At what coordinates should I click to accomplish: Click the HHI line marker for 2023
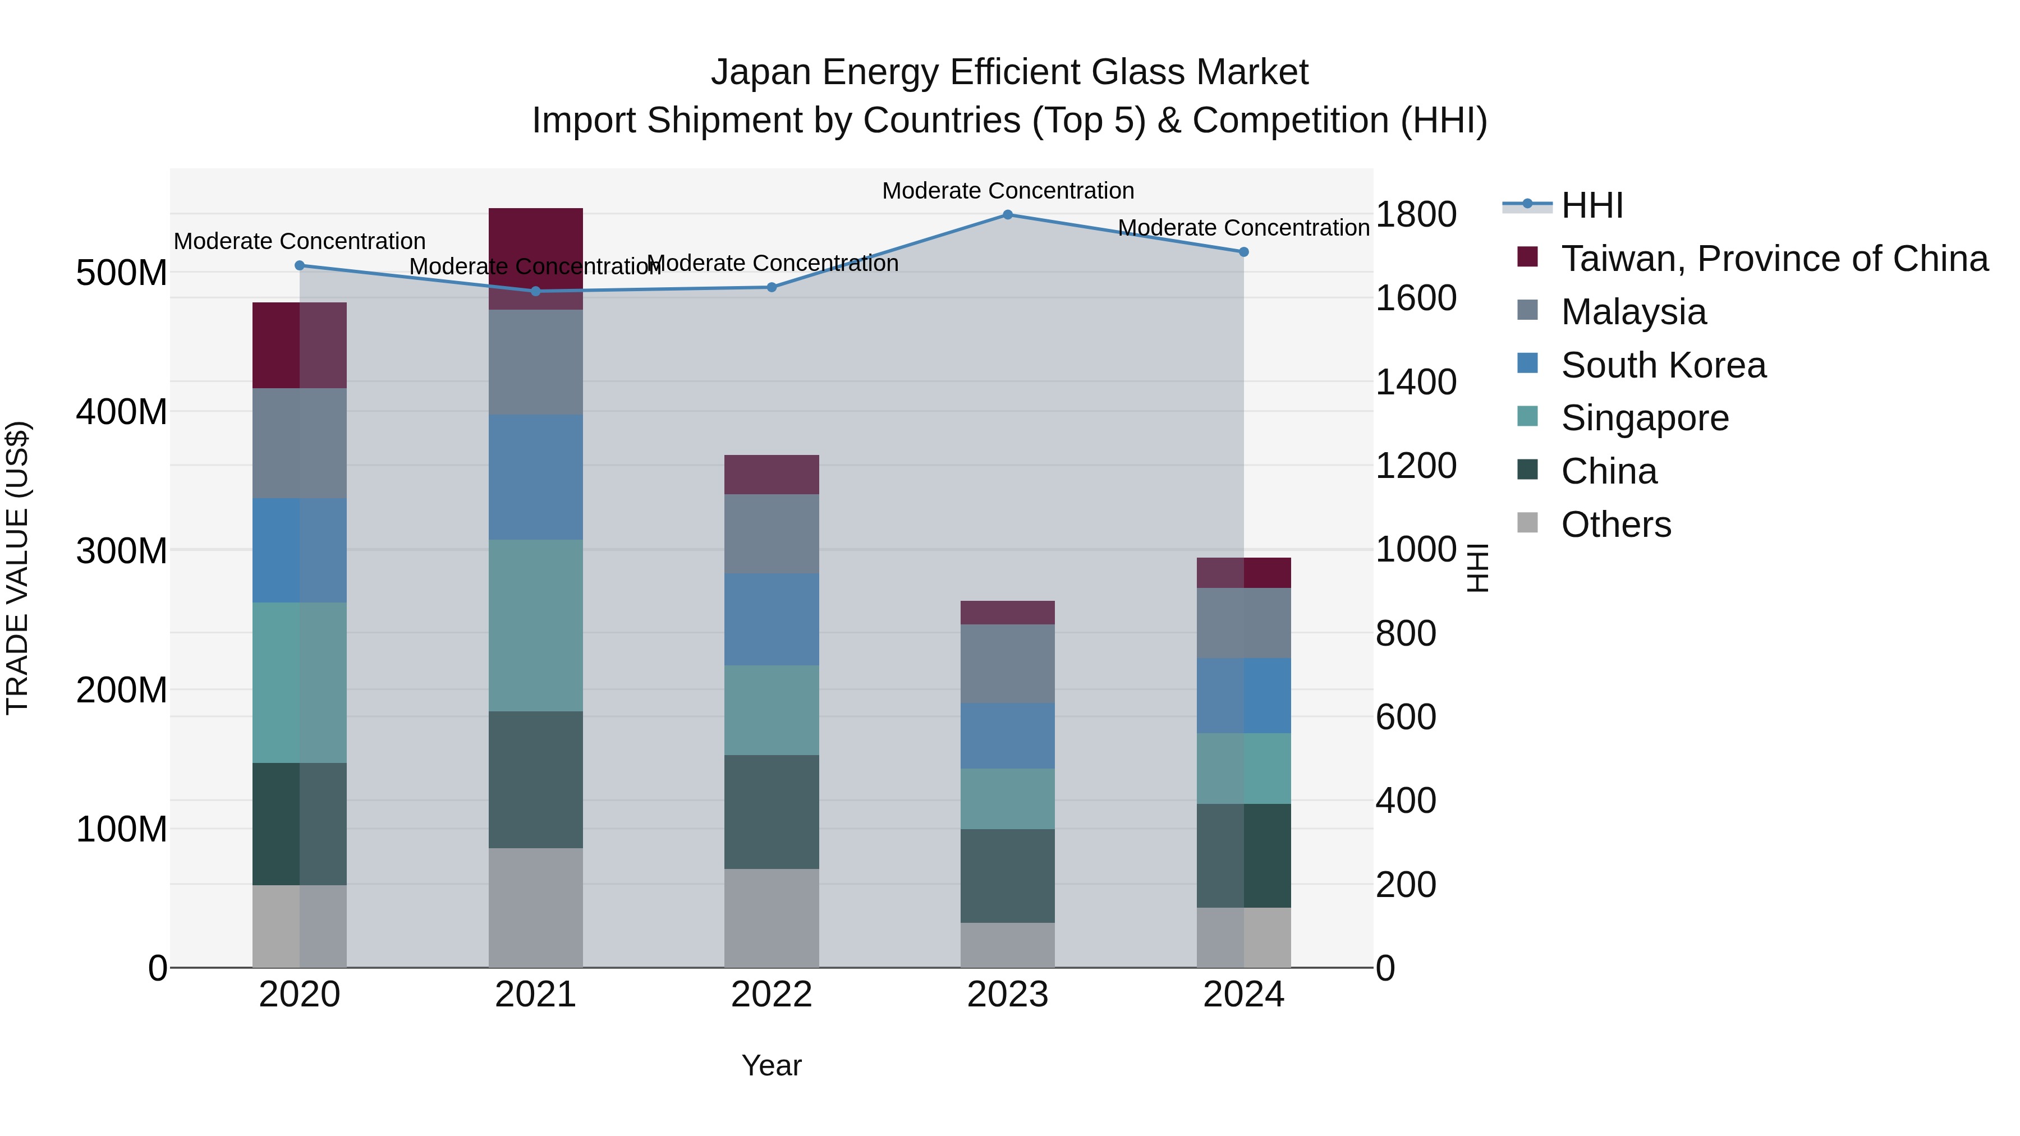pos(1008,215)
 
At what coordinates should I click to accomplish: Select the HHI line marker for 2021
pos(536,291)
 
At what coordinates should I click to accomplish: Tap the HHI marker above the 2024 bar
pos(1243,252)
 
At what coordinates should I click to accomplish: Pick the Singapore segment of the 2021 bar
pos(536,625)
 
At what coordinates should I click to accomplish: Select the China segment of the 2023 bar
pos(1008,876)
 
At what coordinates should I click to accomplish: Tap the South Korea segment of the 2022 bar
pos(772,619)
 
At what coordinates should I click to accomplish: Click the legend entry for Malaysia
pos(1633,312)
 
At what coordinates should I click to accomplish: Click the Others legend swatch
pos(1527,523)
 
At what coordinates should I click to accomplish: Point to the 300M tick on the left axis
pos(122,551)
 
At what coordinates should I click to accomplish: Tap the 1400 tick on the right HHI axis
pos(1416,382)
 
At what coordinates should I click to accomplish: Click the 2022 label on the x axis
pos(772,995)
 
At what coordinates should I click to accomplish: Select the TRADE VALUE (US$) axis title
pos(17,568)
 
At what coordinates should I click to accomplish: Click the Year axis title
pos(772,1065)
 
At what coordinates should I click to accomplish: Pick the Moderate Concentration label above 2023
pos(1008,191)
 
